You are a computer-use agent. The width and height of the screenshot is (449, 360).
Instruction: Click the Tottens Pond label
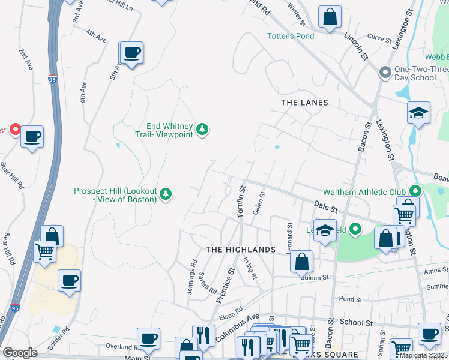pyautogui.click(x=291, y=36)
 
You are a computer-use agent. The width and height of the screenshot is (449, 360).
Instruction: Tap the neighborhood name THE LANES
pyautogui.click(x=305, y=103)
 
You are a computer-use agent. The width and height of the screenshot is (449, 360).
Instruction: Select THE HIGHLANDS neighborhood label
pyautogui.click(x=240, y=249)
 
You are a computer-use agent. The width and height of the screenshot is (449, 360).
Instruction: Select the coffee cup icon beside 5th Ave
pyautogui.click(x=131, y=53)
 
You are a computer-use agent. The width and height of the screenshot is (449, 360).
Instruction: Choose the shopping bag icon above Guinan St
pyautogui.click(x=303, y=261)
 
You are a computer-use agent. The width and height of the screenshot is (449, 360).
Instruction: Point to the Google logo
pyautogui.click(x=20, y=353)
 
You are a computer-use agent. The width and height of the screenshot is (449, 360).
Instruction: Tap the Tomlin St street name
pyautogui.click(x=241, y=201)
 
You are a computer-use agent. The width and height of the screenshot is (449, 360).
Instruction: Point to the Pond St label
pyautogui.click(x=351, y=299)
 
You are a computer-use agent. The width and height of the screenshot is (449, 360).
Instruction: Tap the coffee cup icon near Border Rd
pyautogui.click(x=70, y=280)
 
